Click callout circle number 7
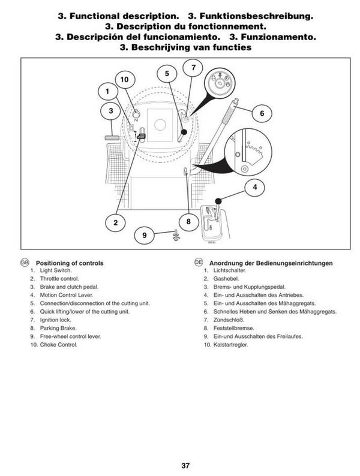tap(193, 68)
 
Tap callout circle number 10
tap(125, 80)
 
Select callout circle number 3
tap(110, 111)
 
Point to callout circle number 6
tap(262, 113)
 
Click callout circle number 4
tap(254, 187)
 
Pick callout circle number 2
tap(115, 222)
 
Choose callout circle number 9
tap(145, 235)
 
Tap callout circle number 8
tap(188, 221)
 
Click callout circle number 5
tap(167, 74)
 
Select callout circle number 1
tap(107, 91)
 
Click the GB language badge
tap(25, 262)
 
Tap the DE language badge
tap(199, 262)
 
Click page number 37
tap(185, 465)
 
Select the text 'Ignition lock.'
tap(55, 320)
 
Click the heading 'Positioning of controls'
tap(70, 263)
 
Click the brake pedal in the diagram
tap(112, 138)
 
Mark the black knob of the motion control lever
tap(218, 201)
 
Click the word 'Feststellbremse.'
tap(233, 328)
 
